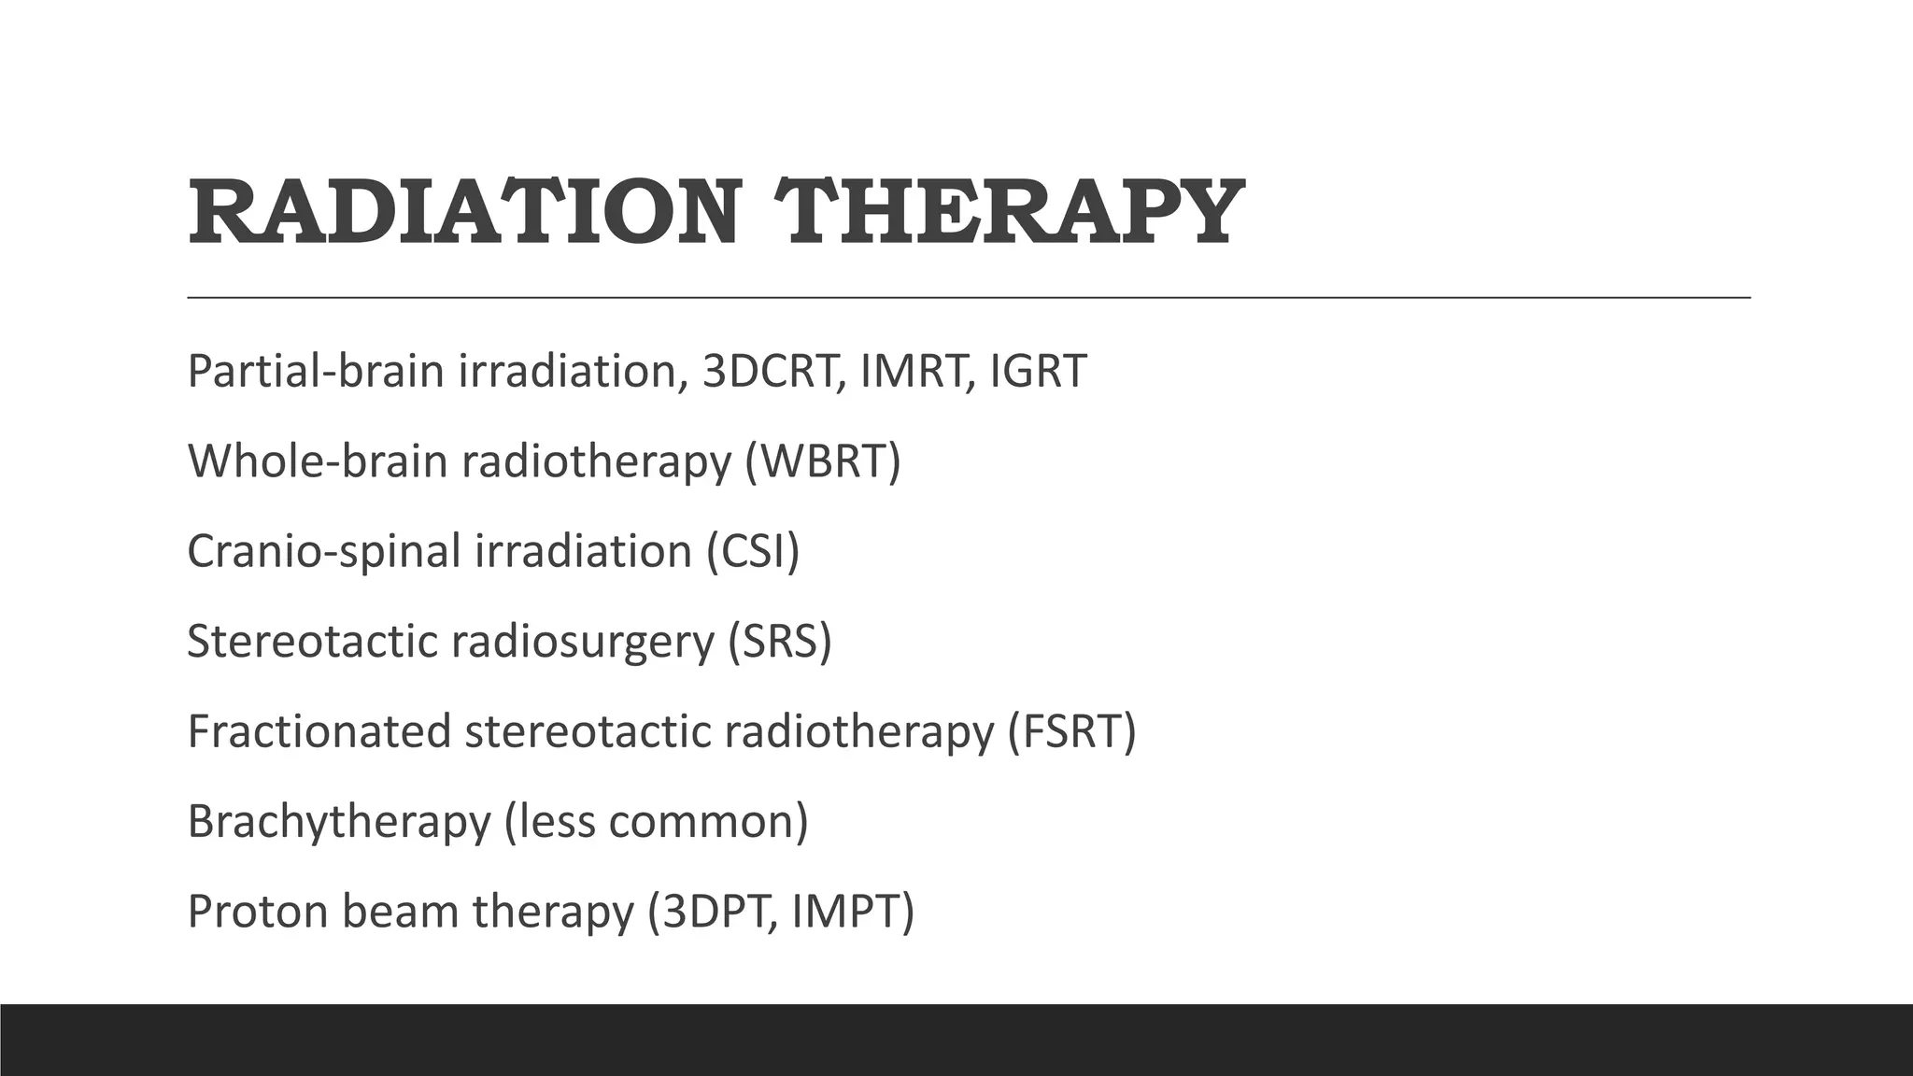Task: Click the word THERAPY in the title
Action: [1011, 213]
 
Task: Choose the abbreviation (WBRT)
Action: [823, 460]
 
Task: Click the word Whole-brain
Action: [318, 460]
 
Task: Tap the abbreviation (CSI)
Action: [753, 550]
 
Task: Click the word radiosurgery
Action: [582, 641]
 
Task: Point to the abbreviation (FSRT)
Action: [1071, 730]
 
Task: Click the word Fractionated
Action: [319, 730]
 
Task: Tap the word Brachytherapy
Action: [339, 821]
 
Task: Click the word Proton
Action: [250, 911]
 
